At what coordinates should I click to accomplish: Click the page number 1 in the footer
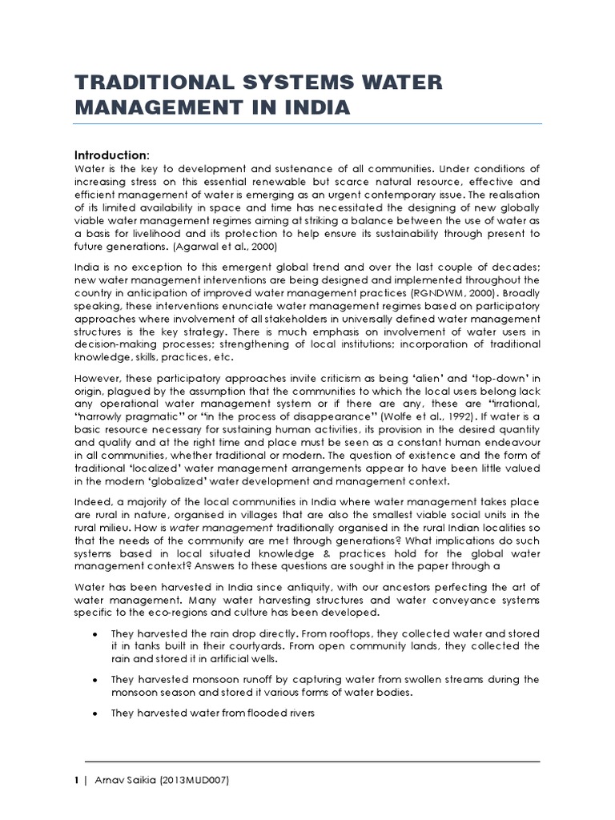[x=77, y=779]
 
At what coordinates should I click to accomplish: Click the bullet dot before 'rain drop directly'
[x=94, y=633]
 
